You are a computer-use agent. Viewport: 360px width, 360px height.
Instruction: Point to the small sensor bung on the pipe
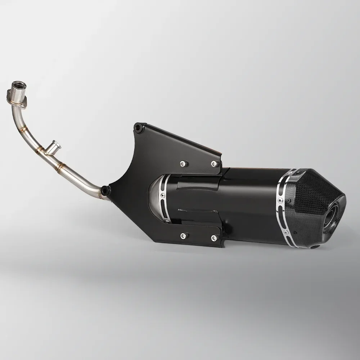point(56,145)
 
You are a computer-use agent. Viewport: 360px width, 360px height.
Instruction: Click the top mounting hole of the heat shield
point(137,126)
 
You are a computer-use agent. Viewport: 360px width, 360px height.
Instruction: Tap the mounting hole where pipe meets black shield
point(104,189)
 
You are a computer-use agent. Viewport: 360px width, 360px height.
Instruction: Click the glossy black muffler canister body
point(248,202)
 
